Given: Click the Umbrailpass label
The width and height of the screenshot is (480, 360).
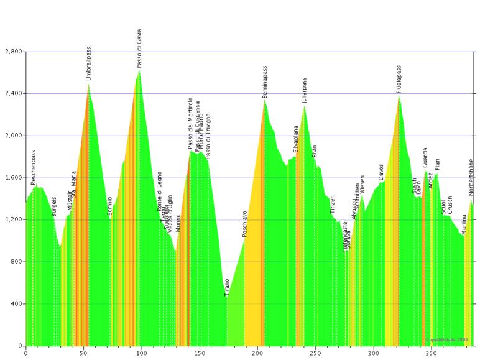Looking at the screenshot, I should coord(89,64).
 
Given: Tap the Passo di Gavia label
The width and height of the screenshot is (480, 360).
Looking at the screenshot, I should coord(139,48).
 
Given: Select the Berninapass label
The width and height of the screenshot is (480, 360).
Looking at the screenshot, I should coord(265,82).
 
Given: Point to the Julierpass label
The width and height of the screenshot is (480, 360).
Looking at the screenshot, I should coord(305,90).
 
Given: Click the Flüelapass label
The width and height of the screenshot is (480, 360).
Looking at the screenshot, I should coord(399,79).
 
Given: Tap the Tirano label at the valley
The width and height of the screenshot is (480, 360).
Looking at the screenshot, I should coord(227,287).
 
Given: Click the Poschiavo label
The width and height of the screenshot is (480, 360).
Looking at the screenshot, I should coord(245,224).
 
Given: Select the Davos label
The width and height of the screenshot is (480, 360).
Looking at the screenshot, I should coord(381,172).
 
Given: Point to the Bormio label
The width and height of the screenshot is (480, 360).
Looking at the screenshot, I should coord(110,206).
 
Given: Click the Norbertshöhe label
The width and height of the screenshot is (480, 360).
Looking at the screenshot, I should coord(471,177).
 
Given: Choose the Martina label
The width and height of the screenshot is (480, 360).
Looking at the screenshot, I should coord(464,224).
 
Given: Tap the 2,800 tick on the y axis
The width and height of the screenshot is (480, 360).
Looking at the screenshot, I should coord(12,52).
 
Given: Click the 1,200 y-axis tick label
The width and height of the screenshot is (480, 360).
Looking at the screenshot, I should coord(12,219).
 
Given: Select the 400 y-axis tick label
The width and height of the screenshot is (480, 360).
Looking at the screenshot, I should coord(15,303).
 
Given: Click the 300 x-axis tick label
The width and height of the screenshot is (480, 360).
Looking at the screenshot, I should coord(373,353).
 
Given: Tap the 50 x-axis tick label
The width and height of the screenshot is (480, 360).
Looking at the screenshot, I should coord(83,353).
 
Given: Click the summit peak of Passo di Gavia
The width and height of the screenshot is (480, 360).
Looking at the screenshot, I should coord(139,71).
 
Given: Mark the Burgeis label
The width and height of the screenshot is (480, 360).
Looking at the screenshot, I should coord(55,206).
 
